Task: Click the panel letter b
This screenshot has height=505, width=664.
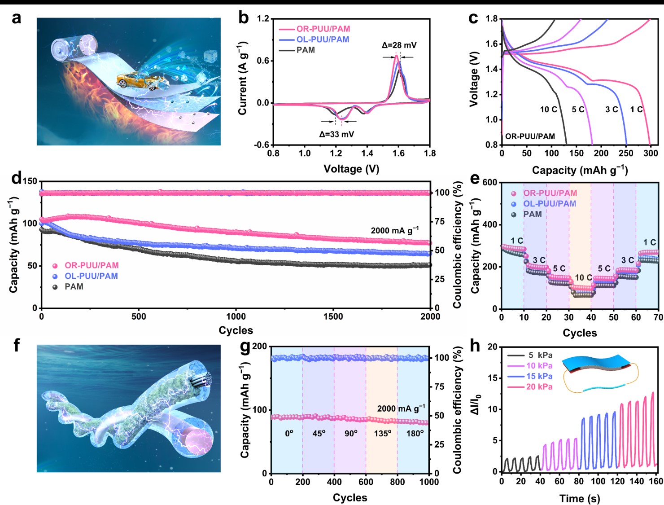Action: coord(243,18)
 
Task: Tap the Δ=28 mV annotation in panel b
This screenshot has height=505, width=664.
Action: coord(399,45)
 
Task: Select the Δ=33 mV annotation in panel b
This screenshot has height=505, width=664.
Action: coord(336,134)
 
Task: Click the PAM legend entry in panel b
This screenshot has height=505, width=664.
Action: coord(306,50)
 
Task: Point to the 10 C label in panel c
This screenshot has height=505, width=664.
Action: coord(548,110)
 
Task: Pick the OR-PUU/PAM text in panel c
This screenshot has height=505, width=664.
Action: coord(530,136)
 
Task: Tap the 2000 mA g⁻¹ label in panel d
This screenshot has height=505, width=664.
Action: coord(394,230)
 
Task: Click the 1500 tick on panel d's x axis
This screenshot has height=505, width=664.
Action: coord(333,316)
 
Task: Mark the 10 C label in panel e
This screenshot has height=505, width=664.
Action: coord(583,277)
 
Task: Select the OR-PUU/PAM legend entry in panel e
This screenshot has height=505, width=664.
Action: coord(550,193)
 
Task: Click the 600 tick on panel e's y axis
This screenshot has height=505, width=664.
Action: coord(489,183)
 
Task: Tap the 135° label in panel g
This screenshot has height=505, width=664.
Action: coord(383,434)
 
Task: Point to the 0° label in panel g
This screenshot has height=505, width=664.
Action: coord(289,434)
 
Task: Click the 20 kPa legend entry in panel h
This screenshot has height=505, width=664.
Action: coord(539,387)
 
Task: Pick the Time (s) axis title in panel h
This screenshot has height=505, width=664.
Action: coord(579,498)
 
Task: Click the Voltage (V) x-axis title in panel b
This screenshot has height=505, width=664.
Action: coord(351,169)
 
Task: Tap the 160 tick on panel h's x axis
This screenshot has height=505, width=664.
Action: coord(655,481)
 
